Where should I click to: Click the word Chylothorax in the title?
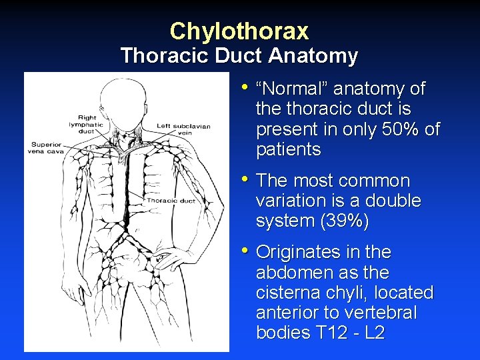click(x=239, y=31)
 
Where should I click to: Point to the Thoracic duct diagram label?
click(x=171, y=200)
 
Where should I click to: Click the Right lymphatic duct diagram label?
click(x=91, y=125)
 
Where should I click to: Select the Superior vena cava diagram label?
click(x=45, y=147)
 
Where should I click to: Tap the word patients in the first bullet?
click(x=288, y=150)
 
